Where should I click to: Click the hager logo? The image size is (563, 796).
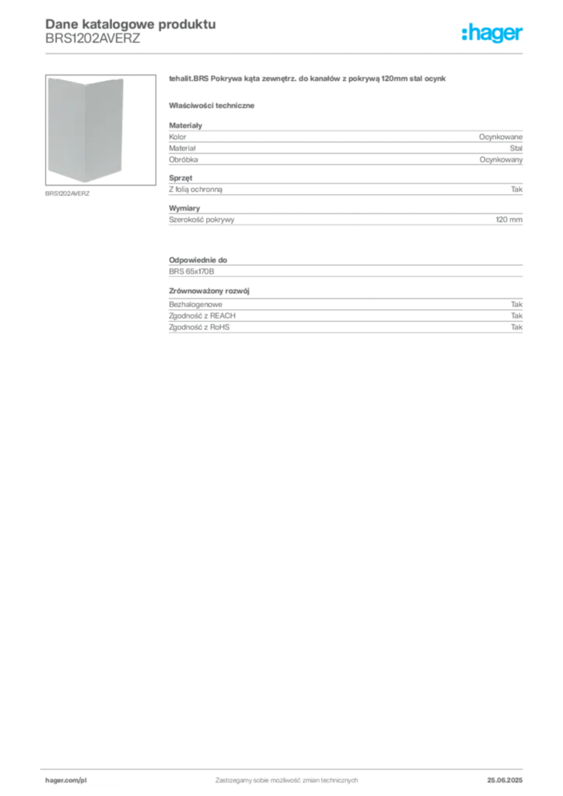(x=492, y=33)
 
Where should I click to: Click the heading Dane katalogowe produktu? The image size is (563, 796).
(x=131, y=24)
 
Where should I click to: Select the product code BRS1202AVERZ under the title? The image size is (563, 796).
(x=93, y=39)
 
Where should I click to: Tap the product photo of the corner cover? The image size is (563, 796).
(x=100, y=130)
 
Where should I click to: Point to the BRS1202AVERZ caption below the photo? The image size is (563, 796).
(x=67, y=194)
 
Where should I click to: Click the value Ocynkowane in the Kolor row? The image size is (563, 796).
(x=501, y=137)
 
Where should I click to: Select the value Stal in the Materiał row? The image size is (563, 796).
(x=516, y=148)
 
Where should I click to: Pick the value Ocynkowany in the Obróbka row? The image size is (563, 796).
(x=501, y=159)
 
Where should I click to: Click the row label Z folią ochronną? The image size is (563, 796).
(x=195, y=190)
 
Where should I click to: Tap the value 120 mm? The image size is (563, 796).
(x=509, y=220)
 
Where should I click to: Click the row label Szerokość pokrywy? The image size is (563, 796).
(x=201, y=220)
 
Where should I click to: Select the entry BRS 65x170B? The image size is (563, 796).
(x=191, y=271)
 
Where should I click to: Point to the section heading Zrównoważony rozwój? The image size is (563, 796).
(x=209, y=291)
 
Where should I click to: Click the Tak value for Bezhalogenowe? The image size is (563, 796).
(x=517, y=305)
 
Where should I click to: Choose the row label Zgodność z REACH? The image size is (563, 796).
(x=202, y=316)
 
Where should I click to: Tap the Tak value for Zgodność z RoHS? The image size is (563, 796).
(x=517, y=327)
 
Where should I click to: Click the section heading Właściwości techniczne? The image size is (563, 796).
(x=212, y=106)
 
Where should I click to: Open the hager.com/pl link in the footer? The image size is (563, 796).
(x=66, y=780)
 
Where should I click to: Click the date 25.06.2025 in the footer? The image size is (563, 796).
(x=505, y=780)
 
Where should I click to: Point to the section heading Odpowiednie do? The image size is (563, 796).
(x=198, y=260)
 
